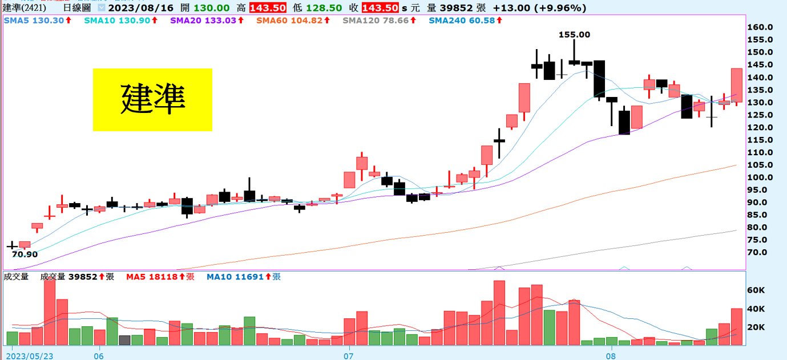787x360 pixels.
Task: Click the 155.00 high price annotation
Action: [x=574, y=34]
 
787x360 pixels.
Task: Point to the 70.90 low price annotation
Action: [x=25, y=254]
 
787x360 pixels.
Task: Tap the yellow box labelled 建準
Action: [x=152, y=100]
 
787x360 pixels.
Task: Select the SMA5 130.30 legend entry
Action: [x=38, y=20]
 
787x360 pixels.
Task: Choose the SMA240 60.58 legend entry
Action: [x=465, y=20]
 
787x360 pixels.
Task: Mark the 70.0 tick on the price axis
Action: [x=761, y=252]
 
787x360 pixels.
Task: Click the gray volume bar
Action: [x=124, y=340]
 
